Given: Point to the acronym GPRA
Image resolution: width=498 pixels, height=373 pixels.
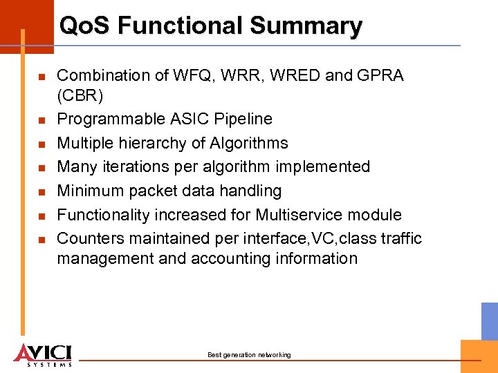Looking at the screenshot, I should coord(380,75).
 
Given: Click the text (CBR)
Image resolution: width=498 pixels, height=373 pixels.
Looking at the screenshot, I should coord(80,95).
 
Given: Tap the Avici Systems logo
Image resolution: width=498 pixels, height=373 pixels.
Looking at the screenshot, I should coord(43,353).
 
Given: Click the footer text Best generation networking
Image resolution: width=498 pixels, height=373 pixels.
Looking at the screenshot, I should coord(249,355).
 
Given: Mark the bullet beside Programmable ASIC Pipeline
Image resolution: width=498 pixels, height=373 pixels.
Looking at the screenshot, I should coord(41,120).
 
